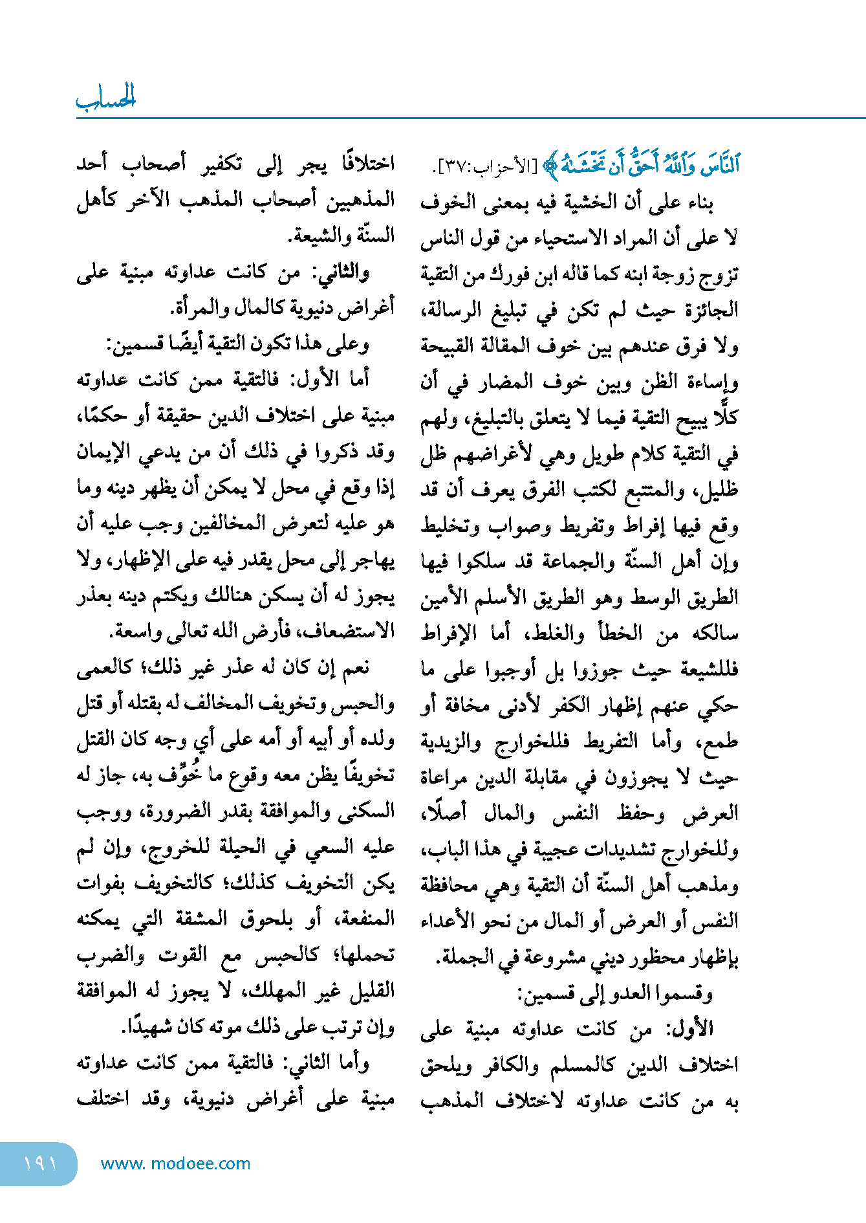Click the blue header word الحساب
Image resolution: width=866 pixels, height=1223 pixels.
pyautogui.click(x=106, y=98)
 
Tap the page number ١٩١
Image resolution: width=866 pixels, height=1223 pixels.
pyautogui.click(x=40, y=1163)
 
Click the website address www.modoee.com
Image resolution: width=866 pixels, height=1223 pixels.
pyautogui.click(x=175, y=1163)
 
